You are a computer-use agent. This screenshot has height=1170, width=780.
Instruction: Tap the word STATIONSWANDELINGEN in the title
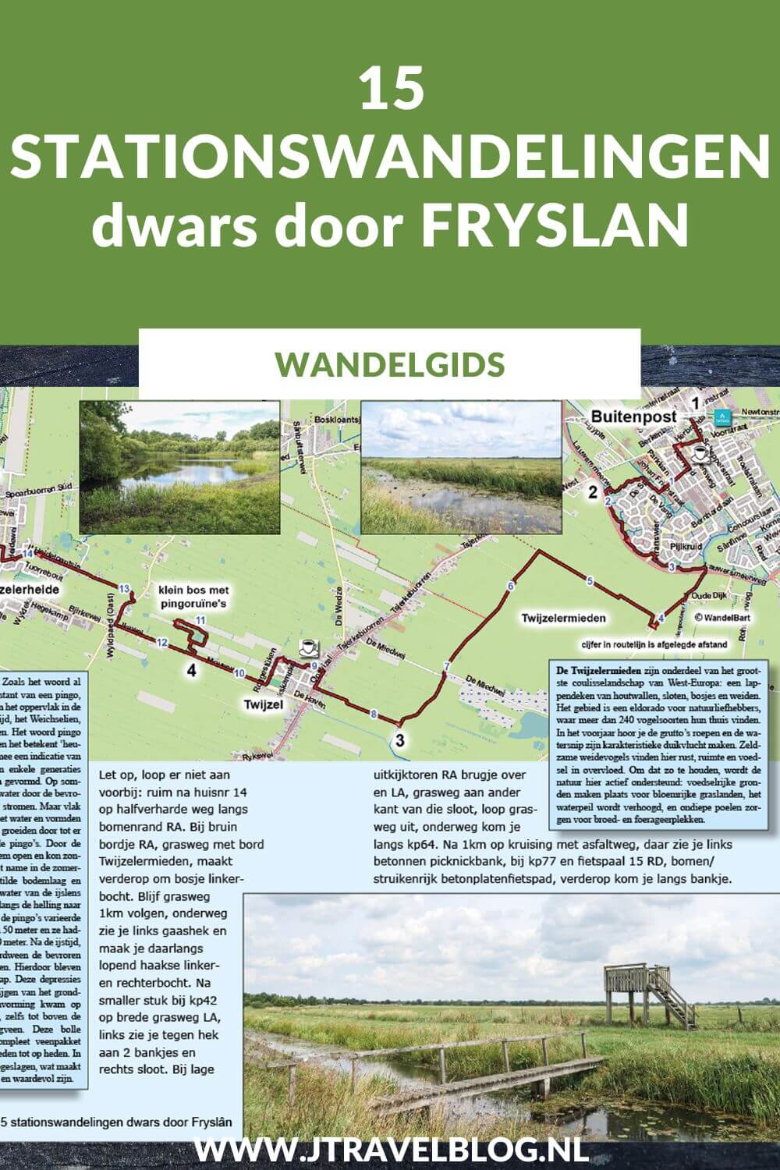click(x=390, y=156)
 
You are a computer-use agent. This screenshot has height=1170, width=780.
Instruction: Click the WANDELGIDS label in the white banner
click(x=390, y=363)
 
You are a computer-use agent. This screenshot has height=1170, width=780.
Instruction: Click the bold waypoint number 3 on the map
click(x=400, y=740)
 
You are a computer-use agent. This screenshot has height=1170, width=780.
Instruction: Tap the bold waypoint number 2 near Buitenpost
click(x=594, y=492)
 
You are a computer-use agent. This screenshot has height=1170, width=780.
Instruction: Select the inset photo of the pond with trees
click(x=179, y=467)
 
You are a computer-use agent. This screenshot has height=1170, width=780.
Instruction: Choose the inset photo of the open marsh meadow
click(x=462, y=467)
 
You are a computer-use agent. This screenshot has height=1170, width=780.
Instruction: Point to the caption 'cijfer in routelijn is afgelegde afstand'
click(x=654, y=644)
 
